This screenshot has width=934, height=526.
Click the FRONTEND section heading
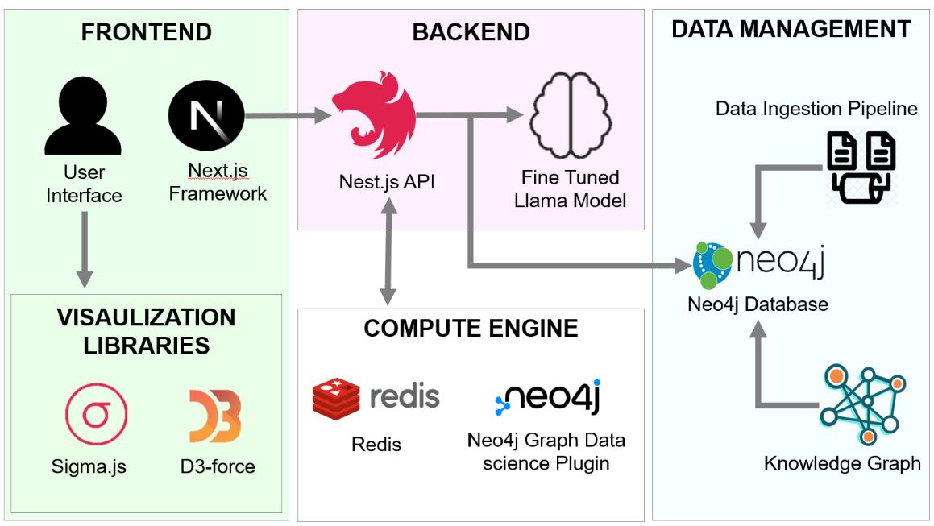146,32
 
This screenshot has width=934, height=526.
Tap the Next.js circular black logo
205,117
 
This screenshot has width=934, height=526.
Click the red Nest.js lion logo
372,117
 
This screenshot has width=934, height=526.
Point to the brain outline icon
570,114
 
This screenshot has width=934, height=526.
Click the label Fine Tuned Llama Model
570,188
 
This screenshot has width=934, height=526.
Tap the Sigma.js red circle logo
97,415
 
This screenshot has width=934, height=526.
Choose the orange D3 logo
215,416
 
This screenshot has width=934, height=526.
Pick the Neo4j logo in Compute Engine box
547,398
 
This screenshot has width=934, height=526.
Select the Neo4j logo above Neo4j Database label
758,263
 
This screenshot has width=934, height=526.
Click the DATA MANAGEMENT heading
791,30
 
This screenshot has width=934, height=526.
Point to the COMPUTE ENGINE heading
471,328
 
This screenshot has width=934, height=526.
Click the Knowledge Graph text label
841,463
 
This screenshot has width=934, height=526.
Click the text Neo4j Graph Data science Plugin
546,452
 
